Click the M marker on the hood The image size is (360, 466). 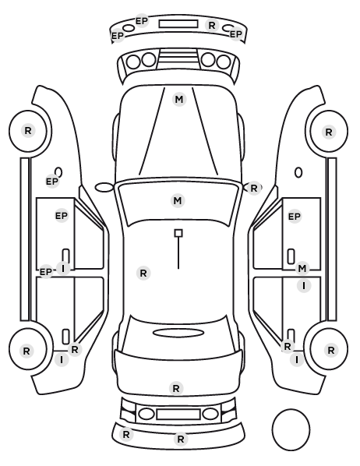click(179, 100)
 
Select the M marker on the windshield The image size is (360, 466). click(178, 200)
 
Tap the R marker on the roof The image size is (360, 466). click(143, 273)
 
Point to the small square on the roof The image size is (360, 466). click(178, 233)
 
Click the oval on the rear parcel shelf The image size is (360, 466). click(178, 333)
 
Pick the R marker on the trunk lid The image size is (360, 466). click(176, 388)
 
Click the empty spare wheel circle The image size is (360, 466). click(291, 429)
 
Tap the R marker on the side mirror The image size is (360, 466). click(253, 188)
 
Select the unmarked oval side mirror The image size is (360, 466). click(104, 188)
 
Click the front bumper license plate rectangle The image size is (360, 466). click(178, 24)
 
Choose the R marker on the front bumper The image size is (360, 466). click(212, 26)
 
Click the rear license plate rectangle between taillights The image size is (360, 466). click(178, 415)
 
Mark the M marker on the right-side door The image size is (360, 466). click(302, 269)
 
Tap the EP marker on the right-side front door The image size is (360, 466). click(295, 217)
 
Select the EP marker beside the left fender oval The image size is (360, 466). click(52, 182)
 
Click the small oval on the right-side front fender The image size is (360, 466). click(298, 173)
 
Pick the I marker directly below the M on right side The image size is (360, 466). click(304, 286)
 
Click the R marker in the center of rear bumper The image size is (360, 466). click(181, 439)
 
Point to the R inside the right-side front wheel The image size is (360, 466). click(329, 132)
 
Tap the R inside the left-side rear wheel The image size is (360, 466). click(26, 351)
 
